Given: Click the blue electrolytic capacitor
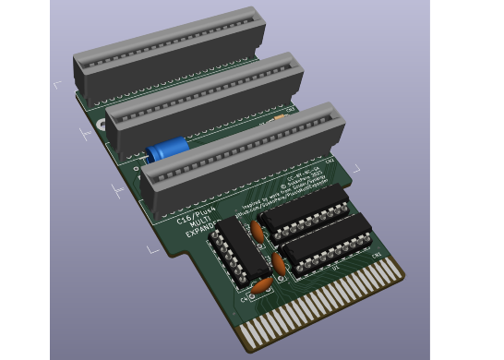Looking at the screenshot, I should pyautogui.click(x=167, y=149).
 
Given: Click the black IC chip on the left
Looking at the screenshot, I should pyautogui.click(x=238, y=249).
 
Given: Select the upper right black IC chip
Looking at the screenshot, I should pyautogui.click(x=305, y=209).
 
